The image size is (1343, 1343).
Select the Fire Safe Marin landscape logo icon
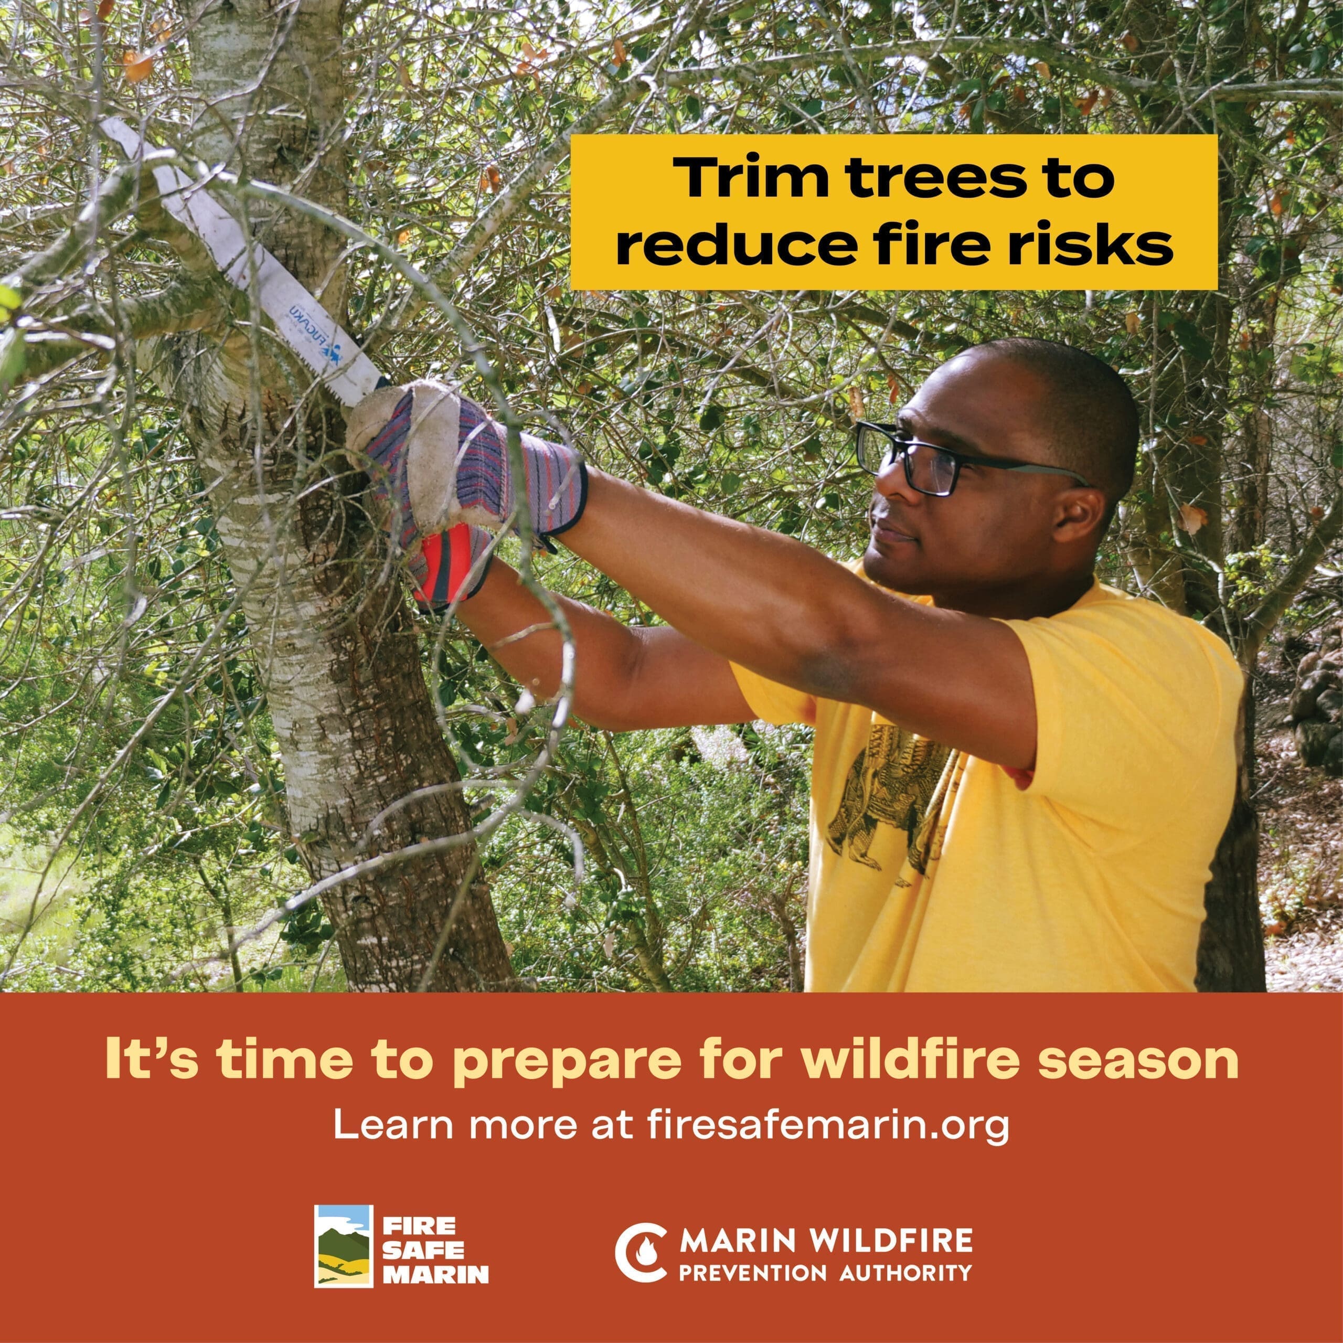tap(344, 1237)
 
